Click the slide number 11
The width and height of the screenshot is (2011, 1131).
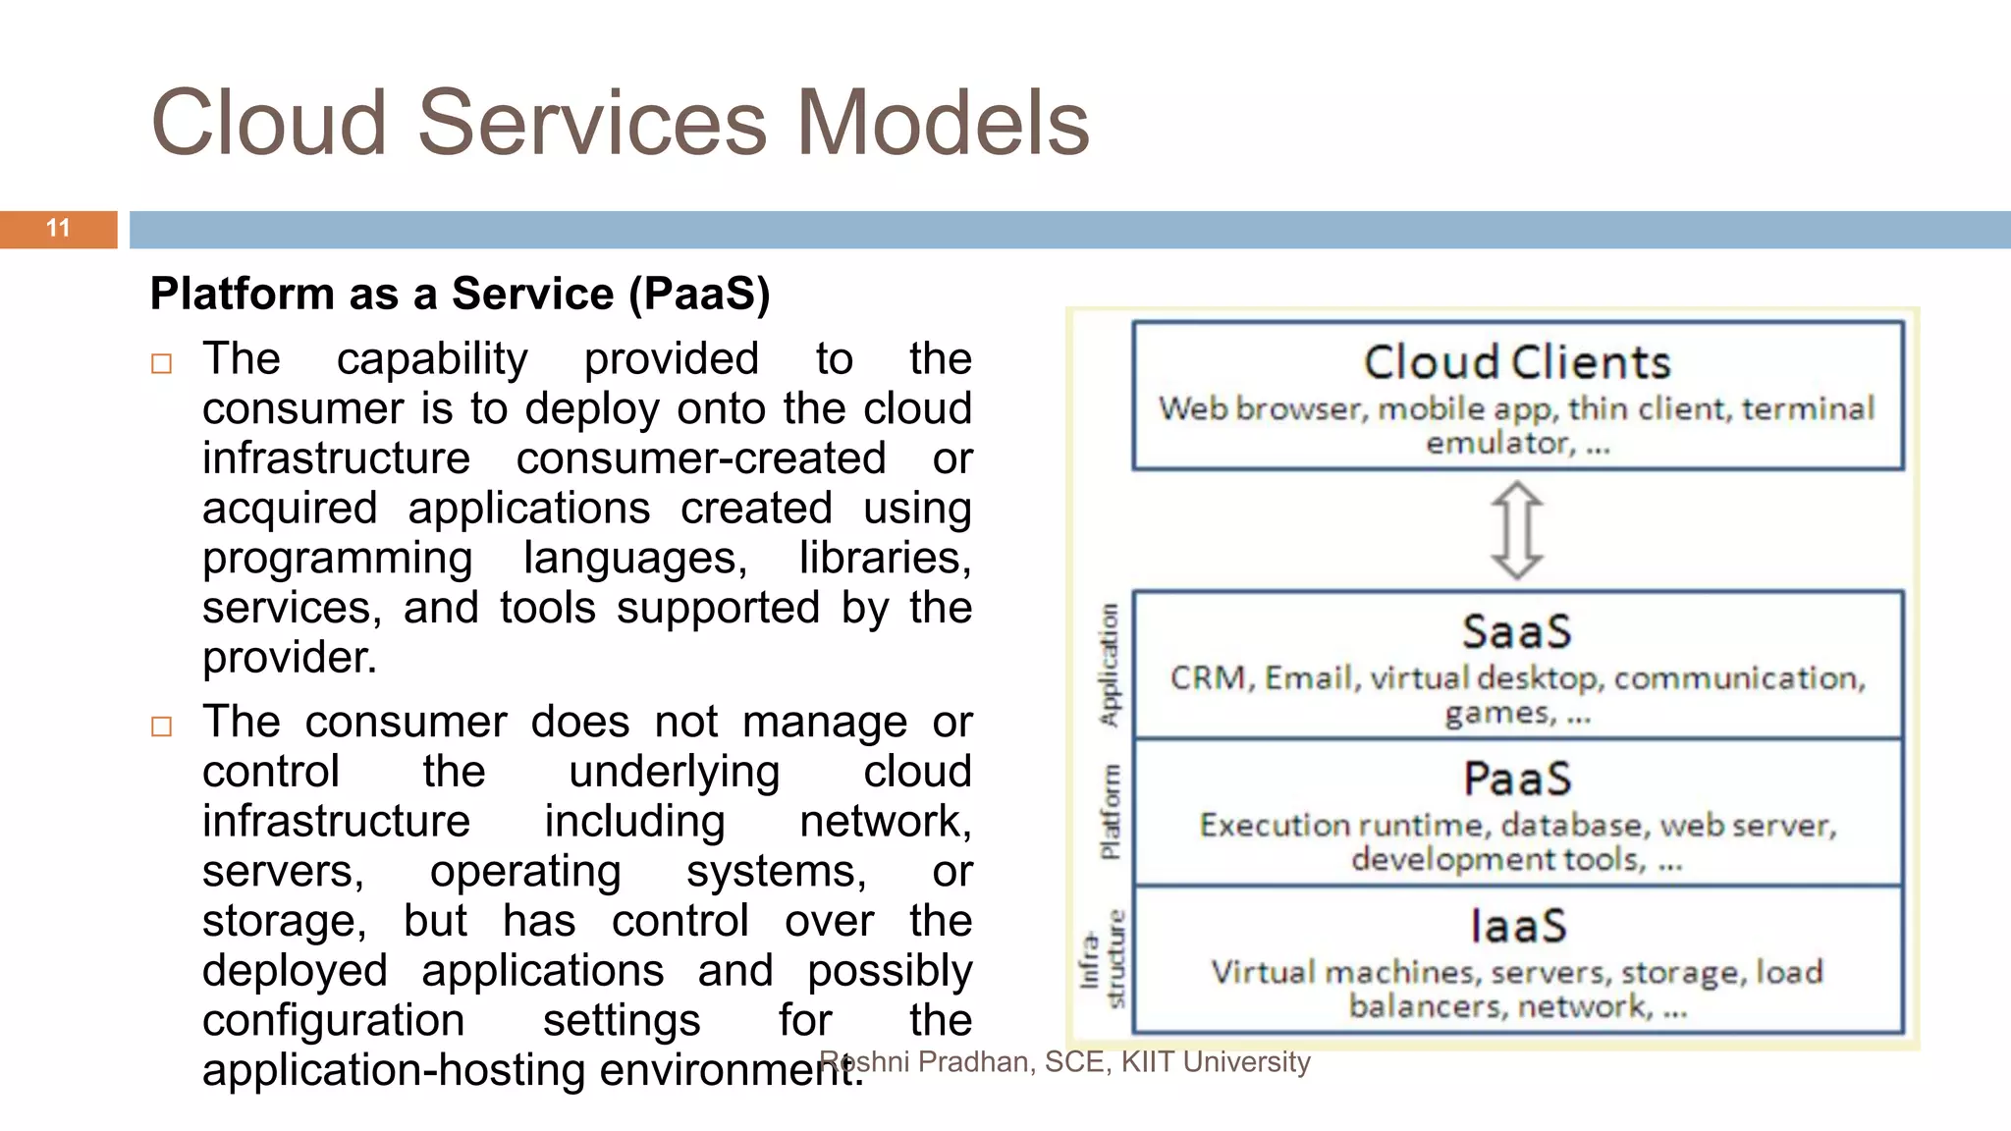(x=58, y=229)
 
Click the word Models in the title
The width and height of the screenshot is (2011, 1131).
(x=942, y=124)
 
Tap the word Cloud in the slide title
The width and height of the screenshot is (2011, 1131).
(x=268, y=124)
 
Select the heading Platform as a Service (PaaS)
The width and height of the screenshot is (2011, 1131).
(x=460, y=294)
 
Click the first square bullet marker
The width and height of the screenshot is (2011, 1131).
(x=162, y=364)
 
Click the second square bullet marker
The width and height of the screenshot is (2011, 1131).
(x=162, y=727)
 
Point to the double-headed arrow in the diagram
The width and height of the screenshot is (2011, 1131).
(x=1517, y=530)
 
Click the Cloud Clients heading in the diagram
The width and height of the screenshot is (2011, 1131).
(x=1517, y=362)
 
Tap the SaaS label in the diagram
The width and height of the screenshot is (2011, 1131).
(x=1517, y=631)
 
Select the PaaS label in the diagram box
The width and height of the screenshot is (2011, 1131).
(x=1517, y=779)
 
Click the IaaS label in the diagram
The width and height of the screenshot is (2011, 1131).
(x=1517, y=926)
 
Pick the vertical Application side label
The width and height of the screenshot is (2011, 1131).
(x=1109, y=665)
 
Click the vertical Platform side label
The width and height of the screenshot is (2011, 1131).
(x=1110, y=811)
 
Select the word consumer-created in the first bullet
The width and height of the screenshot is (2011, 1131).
(x=701, y=458)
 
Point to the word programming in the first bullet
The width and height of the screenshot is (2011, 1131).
(x=338, y=559)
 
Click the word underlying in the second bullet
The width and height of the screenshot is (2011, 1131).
(x=674, y=772)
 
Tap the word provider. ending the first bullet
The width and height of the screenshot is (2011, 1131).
(x=290, y=658)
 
